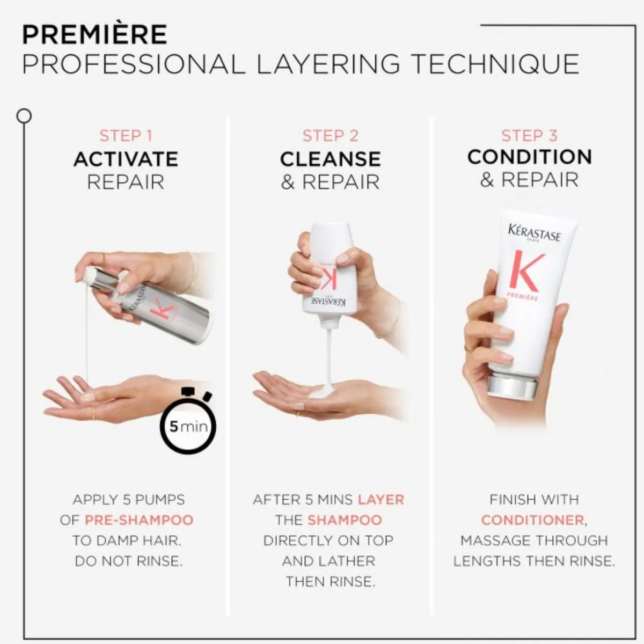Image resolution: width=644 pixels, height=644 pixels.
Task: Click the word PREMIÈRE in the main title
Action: pos(94,34)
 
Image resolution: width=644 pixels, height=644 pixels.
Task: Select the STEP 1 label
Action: pos(126,136)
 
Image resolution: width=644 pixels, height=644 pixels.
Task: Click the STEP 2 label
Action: pos(330,136)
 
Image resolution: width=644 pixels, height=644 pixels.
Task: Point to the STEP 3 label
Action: pos(529,136)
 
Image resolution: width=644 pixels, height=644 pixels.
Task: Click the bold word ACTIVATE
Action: pos(126,159)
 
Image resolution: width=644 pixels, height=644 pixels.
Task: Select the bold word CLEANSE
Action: pos(330,159)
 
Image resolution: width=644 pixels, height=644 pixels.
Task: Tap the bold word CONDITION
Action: pos(529,157)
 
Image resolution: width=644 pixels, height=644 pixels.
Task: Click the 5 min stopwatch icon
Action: pos(188,420)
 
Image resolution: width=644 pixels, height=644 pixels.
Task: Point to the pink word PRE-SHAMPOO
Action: pos(139,520)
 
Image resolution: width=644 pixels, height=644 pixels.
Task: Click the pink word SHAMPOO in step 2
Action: pos(345,520)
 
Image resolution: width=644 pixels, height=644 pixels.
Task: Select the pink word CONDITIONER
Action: pos(533,520)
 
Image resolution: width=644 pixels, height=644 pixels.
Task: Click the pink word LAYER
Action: pos(381,500)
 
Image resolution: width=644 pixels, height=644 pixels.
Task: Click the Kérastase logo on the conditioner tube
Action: pos(534,233)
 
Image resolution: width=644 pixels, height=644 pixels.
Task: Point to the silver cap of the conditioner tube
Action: pos(512,388)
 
